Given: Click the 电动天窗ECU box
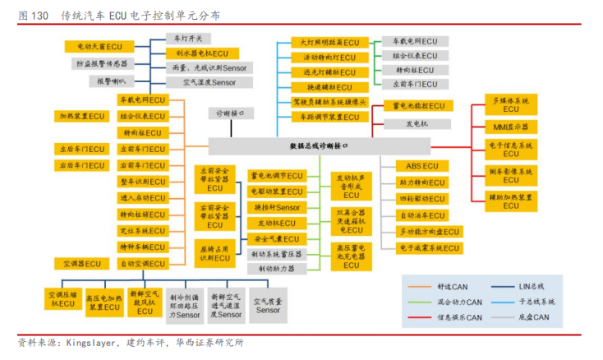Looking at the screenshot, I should tap(99, 48).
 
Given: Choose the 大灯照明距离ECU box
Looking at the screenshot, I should tap(326, 43).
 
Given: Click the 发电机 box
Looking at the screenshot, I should tap(417, 123).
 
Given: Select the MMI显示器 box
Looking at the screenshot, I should tap(511, 127).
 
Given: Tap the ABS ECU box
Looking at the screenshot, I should tap(423, 166).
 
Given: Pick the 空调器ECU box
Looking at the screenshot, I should tap(82, 264).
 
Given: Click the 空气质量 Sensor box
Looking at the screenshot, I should tap(268, 306).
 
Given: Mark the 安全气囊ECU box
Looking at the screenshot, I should tap(276, 238).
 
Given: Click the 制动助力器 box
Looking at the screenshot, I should tap(276, 269).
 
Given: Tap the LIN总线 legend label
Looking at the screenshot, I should tap(529, 286).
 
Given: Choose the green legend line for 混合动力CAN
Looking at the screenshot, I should tap(420, 302).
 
